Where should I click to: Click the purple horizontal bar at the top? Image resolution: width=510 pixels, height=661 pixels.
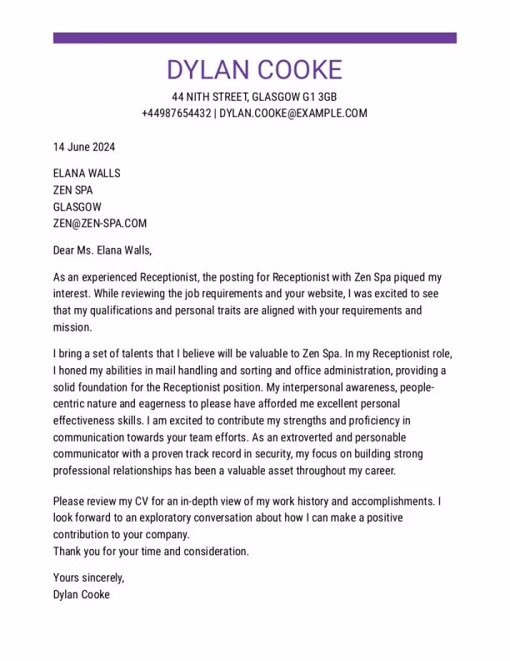coord(254,38)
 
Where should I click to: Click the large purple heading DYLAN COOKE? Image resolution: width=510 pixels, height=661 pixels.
coord(254,70)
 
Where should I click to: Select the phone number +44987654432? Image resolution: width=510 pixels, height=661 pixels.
coord(176,114)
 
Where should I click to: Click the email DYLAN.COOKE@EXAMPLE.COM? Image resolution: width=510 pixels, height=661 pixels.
coord(293,114)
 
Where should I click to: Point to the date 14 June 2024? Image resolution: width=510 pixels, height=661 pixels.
coord(84,148)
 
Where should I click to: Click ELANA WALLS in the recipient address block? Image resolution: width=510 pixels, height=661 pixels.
coord(87,174)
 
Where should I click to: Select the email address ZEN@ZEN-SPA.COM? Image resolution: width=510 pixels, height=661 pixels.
coord(100,224)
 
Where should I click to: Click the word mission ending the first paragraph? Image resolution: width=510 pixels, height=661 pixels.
coord(72,327)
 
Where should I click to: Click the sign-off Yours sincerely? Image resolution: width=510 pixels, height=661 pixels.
coord(88,578)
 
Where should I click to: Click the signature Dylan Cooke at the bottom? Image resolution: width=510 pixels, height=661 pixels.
coord(82,595)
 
